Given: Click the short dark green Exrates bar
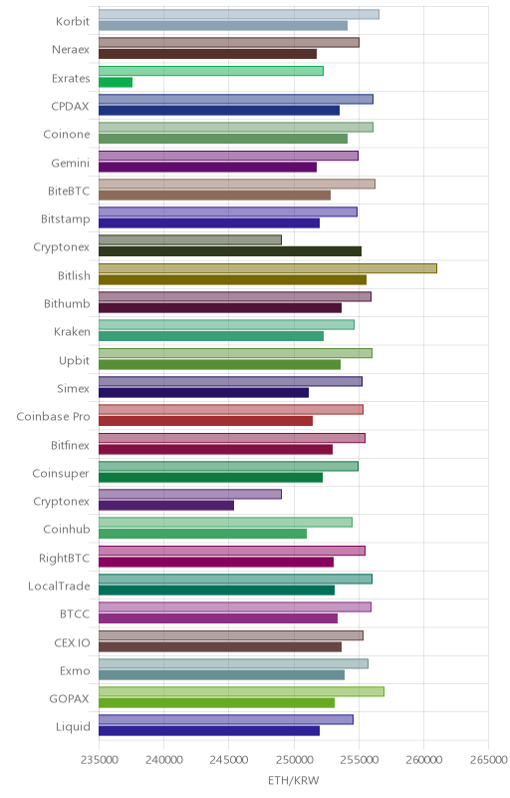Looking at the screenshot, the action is [116, 83].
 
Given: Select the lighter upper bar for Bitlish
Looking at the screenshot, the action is [268, 268].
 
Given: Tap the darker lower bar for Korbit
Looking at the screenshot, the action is [223, 26].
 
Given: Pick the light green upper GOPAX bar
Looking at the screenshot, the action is [241, 691].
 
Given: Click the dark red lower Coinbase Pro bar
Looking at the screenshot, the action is [206, 421].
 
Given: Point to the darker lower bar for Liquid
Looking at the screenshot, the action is [209, 731].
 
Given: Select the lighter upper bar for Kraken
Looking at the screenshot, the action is [226, 325].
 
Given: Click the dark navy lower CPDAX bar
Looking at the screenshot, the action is [219, 111].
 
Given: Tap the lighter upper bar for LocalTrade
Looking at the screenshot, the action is [235, 579].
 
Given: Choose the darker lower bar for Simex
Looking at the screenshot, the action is [203, 393].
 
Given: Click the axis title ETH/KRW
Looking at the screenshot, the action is [294, 780].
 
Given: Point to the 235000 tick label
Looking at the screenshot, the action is [99, 760].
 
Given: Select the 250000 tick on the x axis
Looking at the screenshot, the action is [294, 760].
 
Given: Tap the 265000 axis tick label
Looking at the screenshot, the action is [488, 760].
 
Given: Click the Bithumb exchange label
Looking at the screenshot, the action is [67, 304].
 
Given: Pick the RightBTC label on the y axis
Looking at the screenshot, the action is [65, 559].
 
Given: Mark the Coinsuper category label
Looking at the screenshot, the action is [61, 473].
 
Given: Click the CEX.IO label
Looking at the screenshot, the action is [72, 642].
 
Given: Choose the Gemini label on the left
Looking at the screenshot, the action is [70, 163].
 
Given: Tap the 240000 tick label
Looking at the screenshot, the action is [163, 760].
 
